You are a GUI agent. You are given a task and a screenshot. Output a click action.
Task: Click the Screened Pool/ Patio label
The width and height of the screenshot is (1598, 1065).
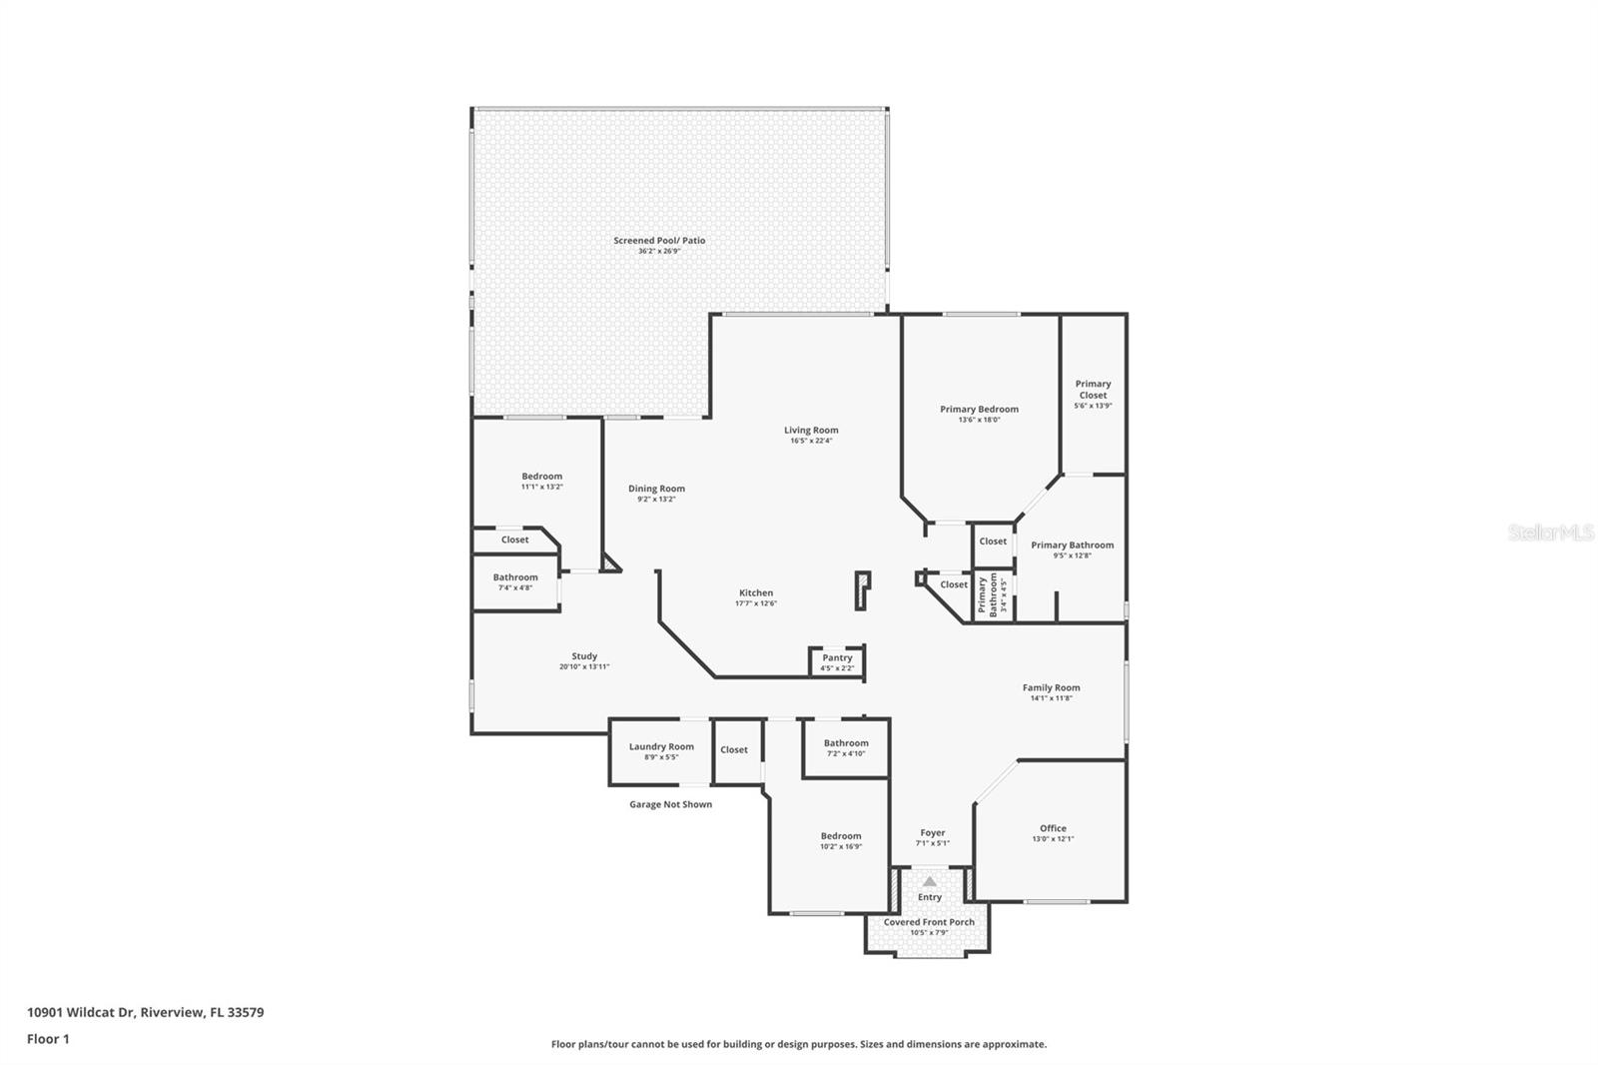point(659,241)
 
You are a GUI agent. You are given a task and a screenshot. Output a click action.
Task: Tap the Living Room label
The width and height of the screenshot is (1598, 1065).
point(811,431)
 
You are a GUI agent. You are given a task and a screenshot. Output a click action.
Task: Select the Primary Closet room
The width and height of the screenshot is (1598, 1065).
point(1093,394)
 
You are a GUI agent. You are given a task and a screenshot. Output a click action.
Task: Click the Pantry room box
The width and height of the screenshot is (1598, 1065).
point(837,661)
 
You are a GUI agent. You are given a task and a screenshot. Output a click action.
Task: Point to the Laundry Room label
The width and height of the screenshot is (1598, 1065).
point(661,746)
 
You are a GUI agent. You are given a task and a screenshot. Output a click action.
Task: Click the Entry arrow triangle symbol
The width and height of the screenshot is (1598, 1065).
point(930,881)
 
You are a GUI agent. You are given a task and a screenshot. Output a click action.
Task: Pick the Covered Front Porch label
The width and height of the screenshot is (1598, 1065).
point(929,922)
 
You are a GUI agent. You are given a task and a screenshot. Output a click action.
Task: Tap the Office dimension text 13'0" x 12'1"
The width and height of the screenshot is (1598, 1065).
point(1053,839)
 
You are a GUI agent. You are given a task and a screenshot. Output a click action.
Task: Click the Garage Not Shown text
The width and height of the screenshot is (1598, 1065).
point(670,804)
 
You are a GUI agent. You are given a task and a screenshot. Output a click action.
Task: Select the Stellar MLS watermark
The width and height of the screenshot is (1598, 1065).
point(1550,532)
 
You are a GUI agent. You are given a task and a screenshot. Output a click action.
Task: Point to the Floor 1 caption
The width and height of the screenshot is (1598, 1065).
point(48,1039)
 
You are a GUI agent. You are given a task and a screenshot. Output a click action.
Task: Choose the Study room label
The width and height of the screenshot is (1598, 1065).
point(584,656)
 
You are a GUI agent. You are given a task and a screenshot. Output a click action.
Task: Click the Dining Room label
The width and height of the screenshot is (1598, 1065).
point(656,489)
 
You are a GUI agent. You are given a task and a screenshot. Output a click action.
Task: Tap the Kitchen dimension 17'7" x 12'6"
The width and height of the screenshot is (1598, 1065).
point(756,603)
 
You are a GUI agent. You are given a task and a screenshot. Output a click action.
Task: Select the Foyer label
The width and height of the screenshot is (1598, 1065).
point(932,832)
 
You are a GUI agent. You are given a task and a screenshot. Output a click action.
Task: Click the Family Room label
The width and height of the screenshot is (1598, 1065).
point(1051,687)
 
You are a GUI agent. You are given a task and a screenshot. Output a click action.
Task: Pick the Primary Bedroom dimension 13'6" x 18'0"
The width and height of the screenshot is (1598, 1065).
point(979,420)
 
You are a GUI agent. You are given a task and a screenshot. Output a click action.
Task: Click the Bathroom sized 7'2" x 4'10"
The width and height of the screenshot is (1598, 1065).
point(846,747)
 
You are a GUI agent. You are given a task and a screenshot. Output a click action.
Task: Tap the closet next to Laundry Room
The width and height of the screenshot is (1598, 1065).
point(734,750)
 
